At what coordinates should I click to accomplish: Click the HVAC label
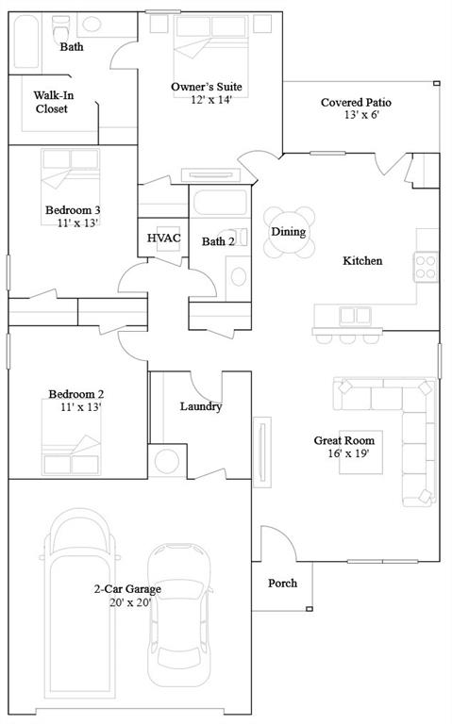tap(163, 239)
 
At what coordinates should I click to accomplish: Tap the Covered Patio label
tap(356, 103)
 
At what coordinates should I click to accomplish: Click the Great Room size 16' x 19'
tap(343, 454)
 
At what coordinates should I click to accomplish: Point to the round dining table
tap(289, 232)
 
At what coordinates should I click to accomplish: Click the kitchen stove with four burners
tap(427, 267)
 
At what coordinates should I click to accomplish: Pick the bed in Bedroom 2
tap(71, 434)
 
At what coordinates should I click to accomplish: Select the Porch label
tap(283, 584)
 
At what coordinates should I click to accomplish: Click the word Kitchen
tap(362, 261)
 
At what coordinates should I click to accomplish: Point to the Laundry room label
tap(200, 407)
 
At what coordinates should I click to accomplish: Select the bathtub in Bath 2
tap(220, 206)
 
